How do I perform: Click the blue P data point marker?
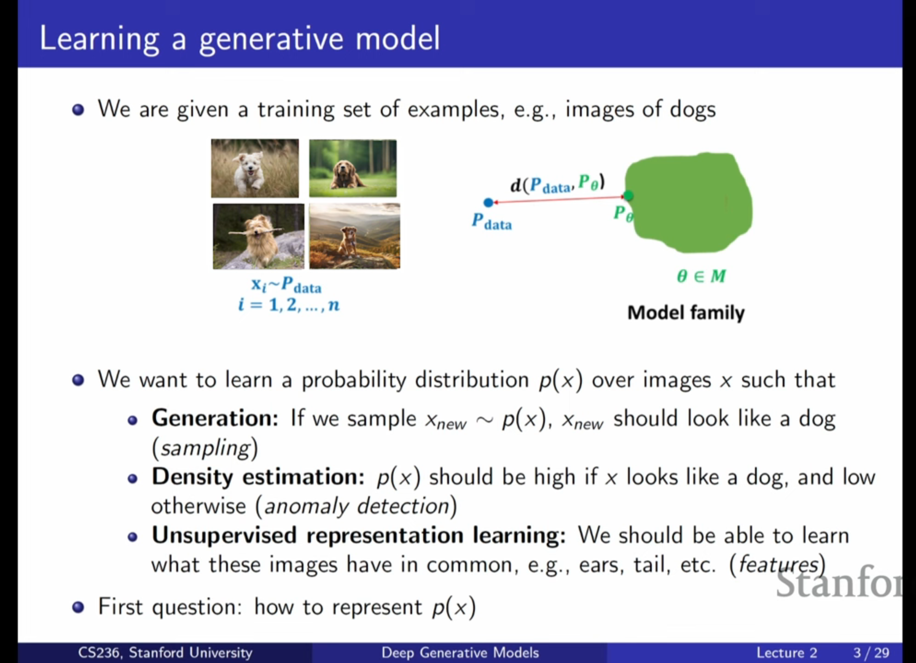click(x=488, y=202)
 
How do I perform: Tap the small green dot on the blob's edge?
click(x=628, y=196)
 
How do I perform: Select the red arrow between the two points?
click(x=558, y=199)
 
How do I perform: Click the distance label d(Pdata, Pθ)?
click(x=558, y=184)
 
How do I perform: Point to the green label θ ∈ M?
click(x=702, y=277)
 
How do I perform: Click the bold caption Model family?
click(x=686, y=313)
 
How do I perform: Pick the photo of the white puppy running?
click(x=255, y=168)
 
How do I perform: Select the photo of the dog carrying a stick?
click(x=259, y=237)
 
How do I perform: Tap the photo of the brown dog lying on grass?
click(x=353, y=168)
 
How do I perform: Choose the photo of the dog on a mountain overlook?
click(x=354, y=236)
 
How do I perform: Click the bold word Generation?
click(x=215, y=418)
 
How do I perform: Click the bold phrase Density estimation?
click(x=258, y=477)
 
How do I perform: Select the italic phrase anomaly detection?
click(x=356, y=506)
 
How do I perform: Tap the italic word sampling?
click(x=205, y=449)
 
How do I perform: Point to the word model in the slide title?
click(x=397, y=39)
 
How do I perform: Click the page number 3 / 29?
click(x=871, y=653)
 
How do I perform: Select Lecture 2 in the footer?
click(x=786, y=653)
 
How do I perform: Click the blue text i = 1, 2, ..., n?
click(x=289, y=305)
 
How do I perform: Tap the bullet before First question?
click(x=78, y=607)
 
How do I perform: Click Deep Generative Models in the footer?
click(x=460, y=653)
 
